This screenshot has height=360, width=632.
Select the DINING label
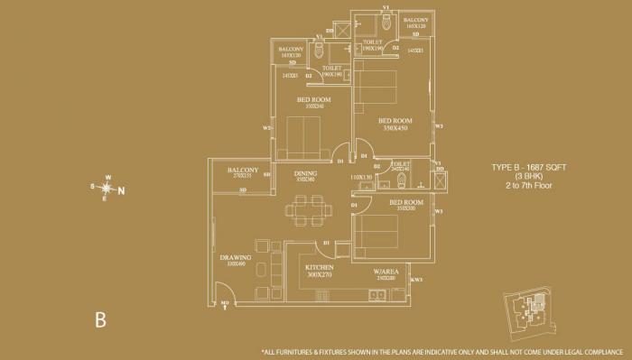coord(304,173)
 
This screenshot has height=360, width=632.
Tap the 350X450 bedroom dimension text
coord(395,129)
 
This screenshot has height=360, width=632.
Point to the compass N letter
coord(122,190)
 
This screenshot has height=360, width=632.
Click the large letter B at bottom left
coord(102,318)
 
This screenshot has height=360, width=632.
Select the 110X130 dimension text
coord(361,177)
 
